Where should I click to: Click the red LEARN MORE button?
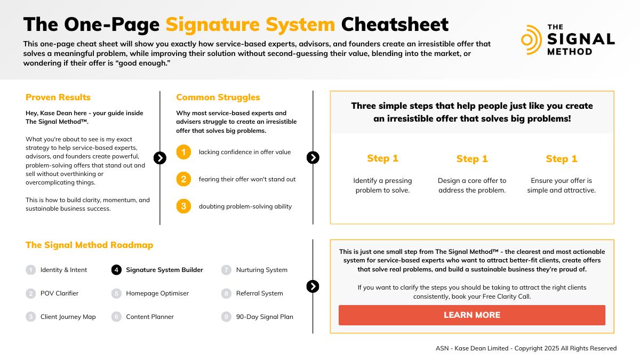coord(471,315)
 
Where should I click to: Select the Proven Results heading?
coord(58,97)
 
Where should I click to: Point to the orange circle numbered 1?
coord(183,153)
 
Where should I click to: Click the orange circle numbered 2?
coord(183,179)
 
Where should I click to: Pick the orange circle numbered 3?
coord(183,206)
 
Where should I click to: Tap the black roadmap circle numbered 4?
coord(116,270)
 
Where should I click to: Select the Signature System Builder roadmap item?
coord(164,270)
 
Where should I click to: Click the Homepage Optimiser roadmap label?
coord(157,293)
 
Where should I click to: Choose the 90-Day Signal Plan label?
coord(265,317)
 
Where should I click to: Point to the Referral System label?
coord(260,293)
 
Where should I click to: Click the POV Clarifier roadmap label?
coord(59,293)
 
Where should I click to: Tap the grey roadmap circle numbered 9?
coord(226,317)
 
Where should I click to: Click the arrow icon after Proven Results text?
coord(159,158)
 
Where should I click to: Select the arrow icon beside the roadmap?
coord(313,286)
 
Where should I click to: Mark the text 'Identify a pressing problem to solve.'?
coord(382,185)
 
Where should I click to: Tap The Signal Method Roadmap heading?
coord(89,245)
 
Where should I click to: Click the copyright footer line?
coord(526,348)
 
